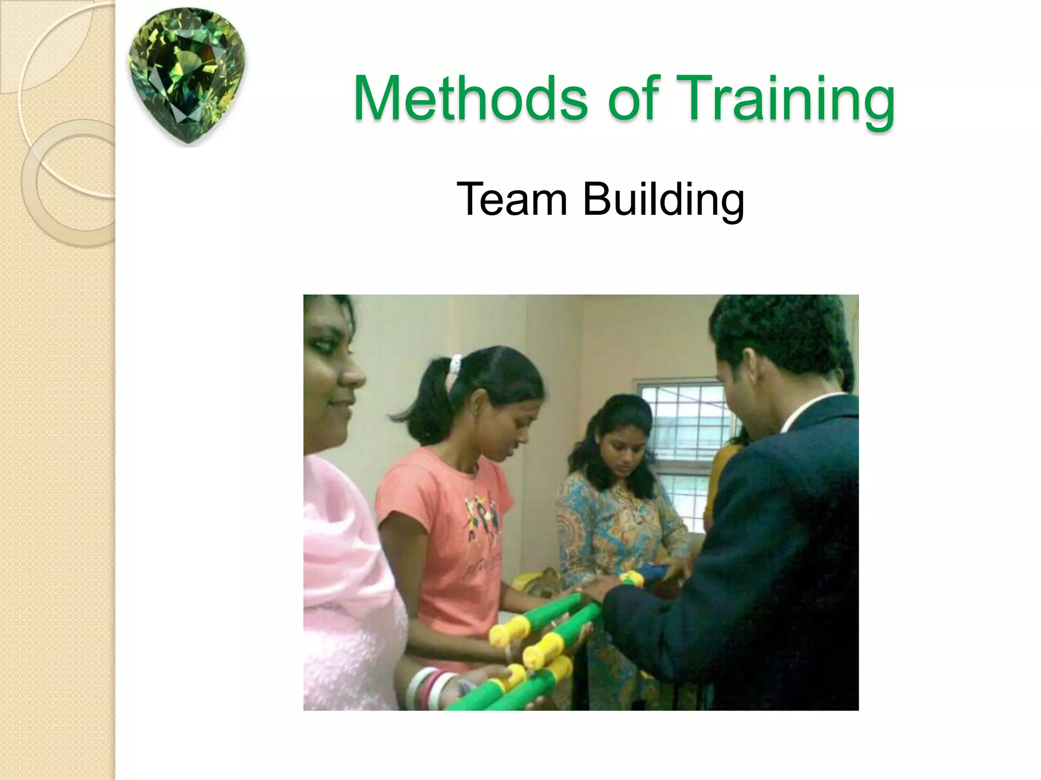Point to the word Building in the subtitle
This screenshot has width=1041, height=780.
[663, 200]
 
